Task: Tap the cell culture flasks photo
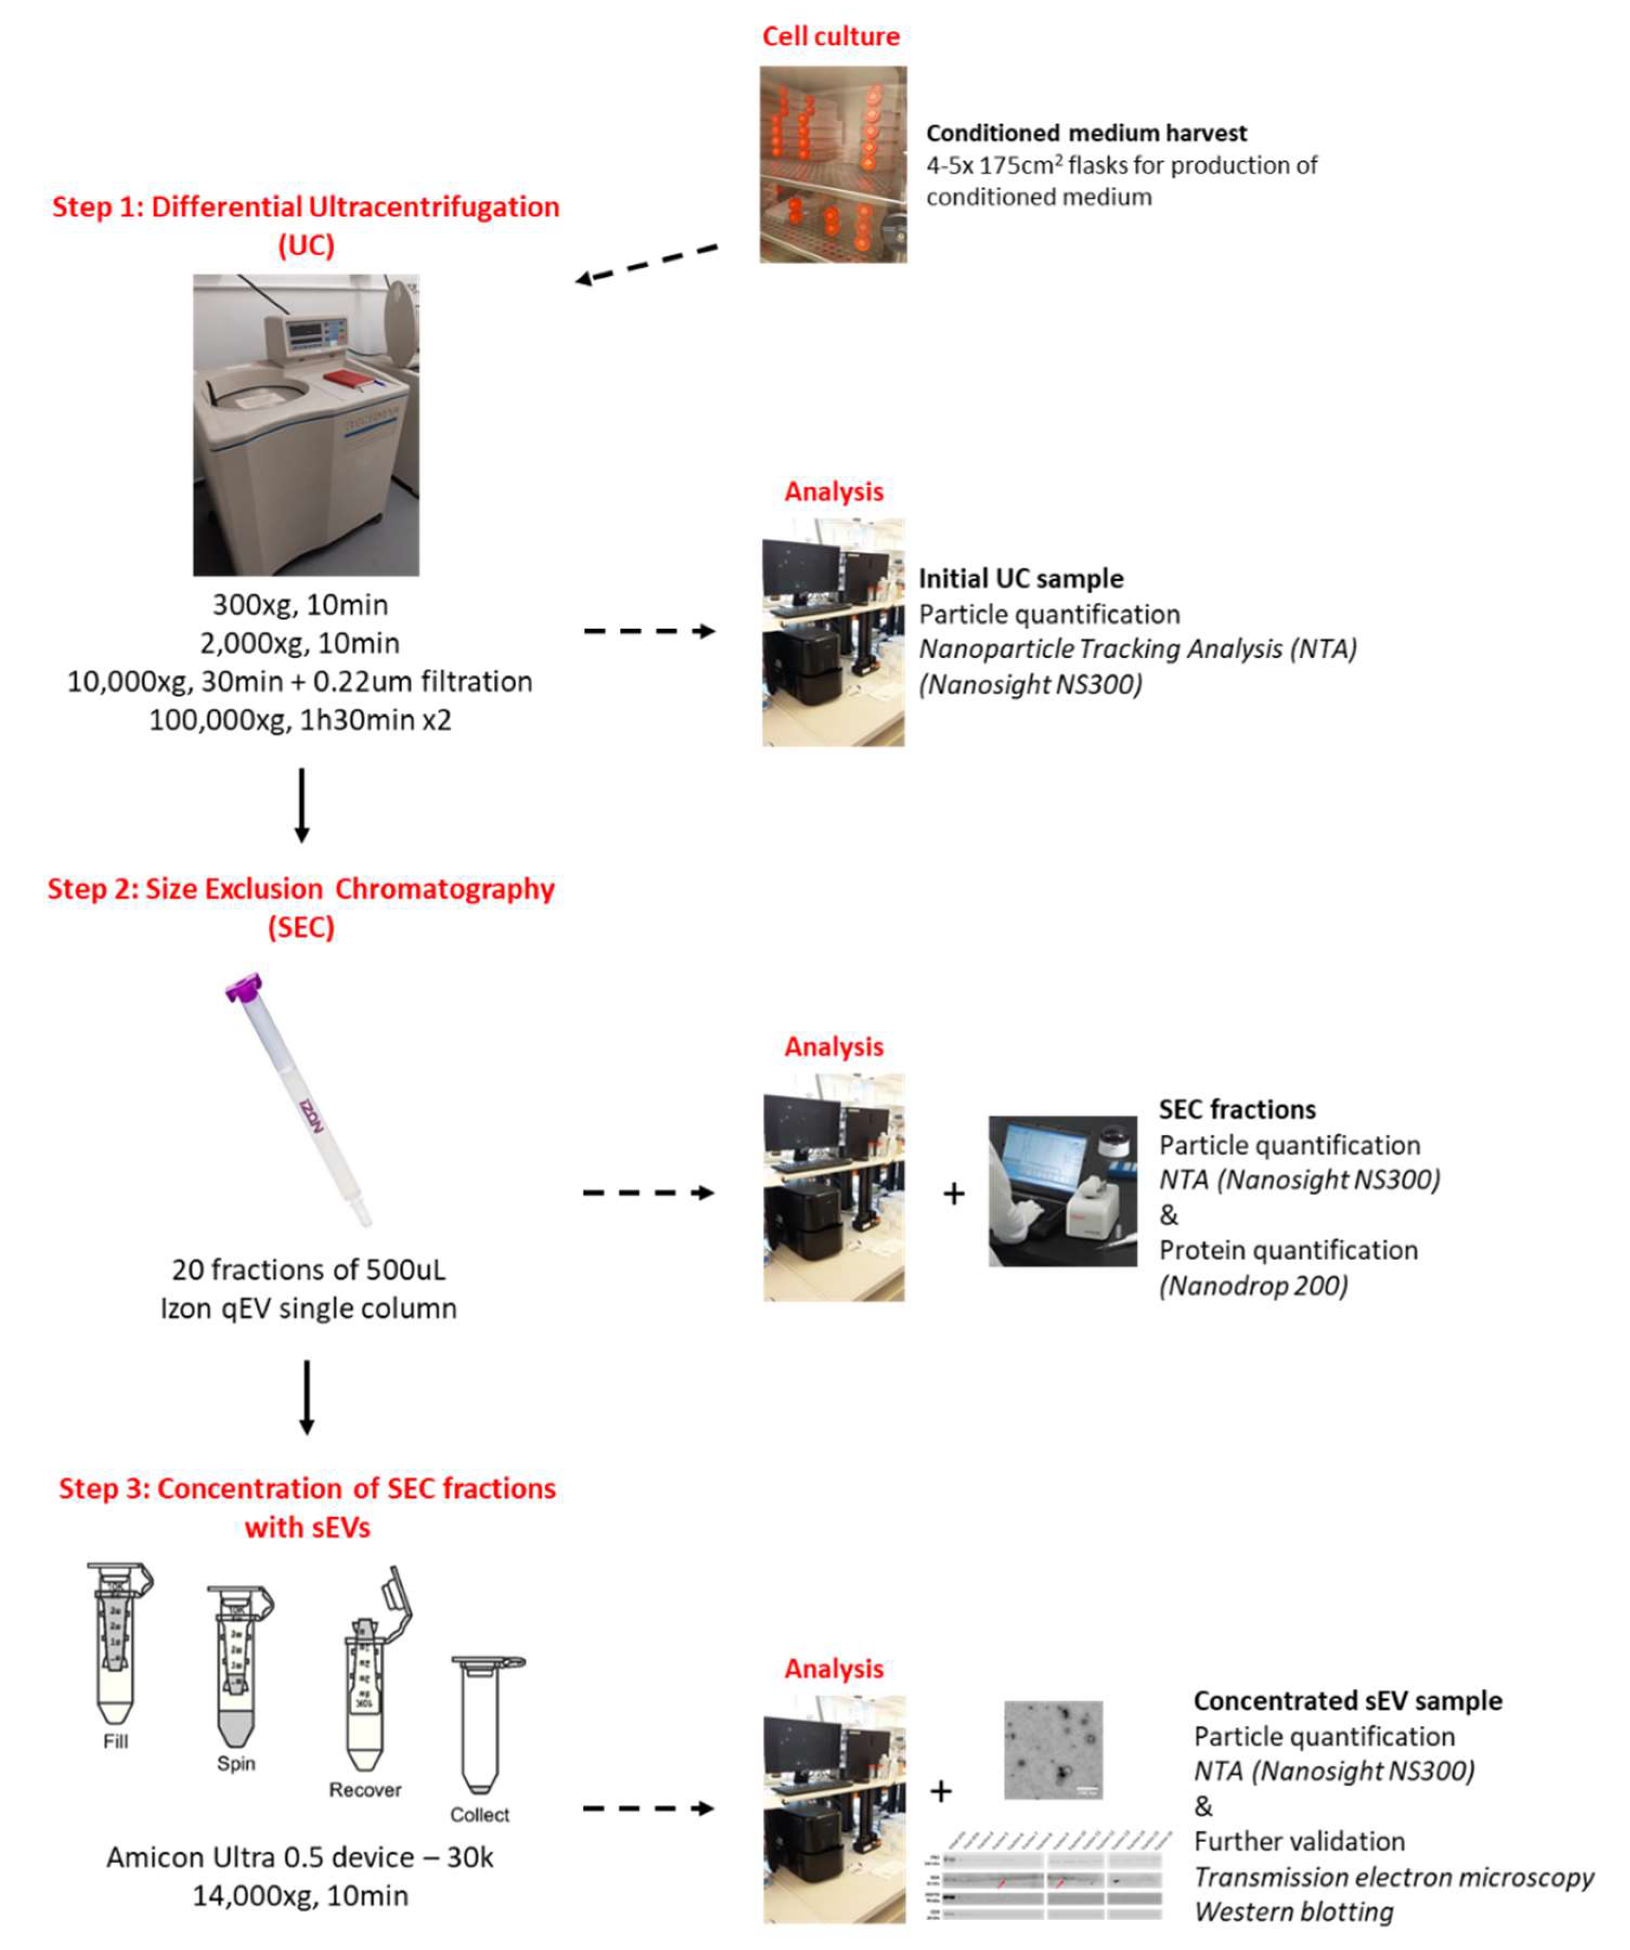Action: (833, 164)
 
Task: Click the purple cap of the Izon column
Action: (244, 987)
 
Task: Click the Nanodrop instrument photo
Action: (1063, 1191)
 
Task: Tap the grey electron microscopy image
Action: (1053, 1750)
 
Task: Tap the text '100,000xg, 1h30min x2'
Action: (300, 720)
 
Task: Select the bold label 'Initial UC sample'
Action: (1021, 578)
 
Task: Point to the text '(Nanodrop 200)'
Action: (1253, 1286)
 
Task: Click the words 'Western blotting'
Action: (1294, 1912)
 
